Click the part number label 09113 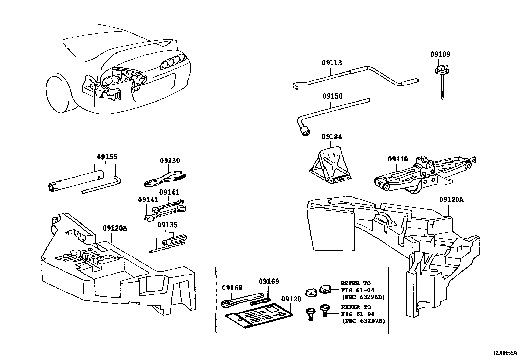click(x=332, y=63)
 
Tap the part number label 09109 click(x=440, y=55)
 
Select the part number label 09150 click(x=332, y=96)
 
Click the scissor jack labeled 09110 click(x=422, y=174)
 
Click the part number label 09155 click(x=107, y=157)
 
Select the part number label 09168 click(x=232, y=288)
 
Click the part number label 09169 click(x=269, y=281)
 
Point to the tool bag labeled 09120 click(x=259, y=316)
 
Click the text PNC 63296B click(x=363, y=297)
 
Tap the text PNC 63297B click(x=363, y=321)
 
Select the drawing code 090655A click(x=505, y=353)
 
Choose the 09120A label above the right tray click(x=451, y=200)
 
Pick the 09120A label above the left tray click(x=115, y=228)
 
